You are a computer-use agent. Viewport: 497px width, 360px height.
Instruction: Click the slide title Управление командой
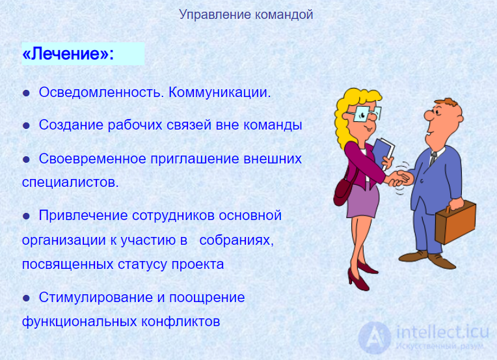point(246,15)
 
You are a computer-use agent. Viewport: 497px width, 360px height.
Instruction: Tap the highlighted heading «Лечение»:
point(68,53)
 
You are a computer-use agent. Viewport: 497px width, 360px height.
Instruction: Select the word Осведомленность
point(101,92)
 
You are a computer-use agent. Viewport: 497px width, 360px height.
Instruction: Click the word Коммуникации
point(220,92)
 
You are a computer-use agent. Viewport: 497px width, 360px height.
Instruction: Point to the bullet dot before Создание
point(26,126)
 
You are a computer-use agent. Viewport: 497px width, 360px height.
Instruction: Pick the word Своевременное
point(92,159)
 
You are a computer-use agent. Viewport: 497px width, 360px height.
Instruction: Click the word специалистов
point(70,182)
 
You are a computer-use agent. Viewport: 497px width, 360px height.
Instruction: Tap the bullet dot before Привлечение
point(26,216)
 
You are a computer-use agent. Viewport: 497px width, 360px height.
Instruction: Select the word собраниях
point(236,240)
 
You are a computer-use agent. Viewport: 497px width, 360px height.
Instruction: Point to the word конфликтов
point(180,322)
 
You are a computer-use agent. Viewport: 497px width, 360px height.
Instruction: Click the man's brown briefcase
point(455,223)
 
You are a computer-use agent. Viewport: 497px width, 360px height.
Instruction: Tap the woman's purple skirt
point(362,201)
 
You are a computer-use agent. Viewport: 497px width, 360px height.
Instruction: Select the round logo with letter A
point(375,337)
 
